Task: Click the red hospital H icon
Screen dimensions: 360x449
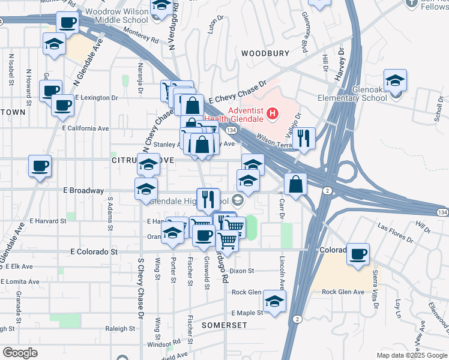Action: [273, 113]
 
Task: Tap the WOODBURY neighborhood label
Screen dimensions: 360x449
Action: [265, 53]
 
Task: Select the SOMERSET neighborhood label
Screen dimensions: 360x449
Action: [224, 325]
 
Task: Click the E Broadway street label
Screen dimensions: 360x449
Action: [83, 190]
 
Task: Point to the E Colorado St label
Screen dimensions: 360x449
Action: [94, 252]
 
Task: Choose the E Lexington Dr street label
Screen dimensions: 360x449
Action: [98, 97]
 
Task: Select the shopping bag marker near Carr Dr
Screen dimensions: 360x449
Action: [296, 184]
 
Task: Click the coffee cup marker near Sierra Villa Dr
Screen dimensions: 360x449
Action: [358, 254]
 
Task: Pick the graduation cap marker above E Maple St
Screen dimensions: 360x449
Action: [274, 301]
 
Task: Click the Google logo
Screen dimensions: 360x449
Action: [20, 353]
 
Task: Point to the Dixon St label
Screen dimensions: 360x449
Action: [242, 271]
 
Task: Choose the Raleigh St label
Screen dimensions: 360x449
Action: [120, 329]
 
